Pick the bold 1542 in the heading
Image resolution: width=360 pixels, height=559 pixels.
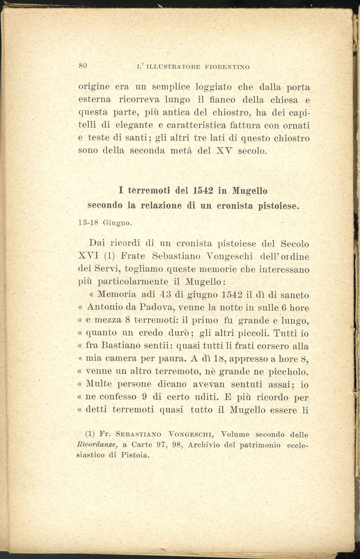coord(201,191)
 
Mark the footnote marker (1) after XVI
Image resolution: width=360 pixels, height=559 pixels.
coord(109,256)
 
